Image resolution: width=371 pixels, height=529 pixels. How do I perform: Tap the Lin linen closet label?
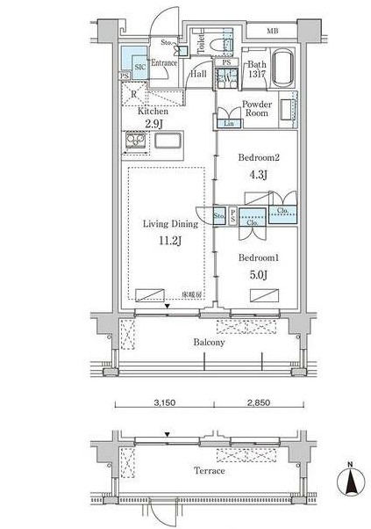[229, 124]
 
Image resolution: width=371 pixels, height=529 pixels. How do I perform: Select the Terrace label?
[210, 471]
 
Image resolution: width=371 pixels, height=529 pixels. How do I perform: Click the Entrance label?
[165, 63]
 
